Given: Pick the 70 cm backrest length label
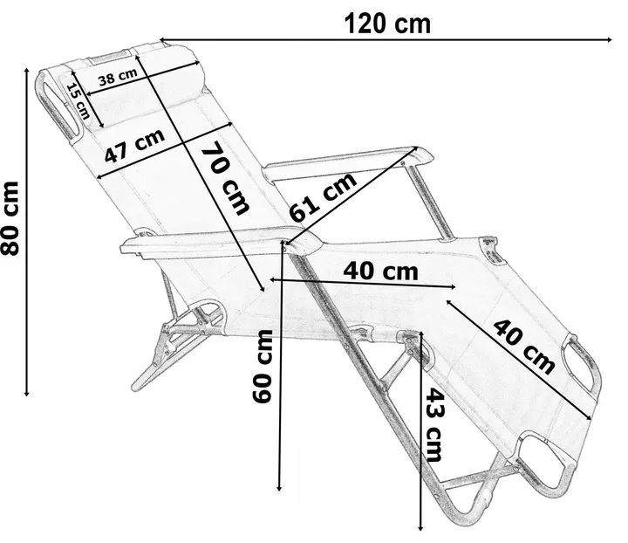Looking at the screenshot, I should click(x=226, y=178).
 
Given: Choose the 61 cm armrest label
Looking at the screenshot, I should click(x=324, y=198).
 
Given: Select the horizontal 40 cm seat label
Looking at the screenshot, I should click(x=380, y=271).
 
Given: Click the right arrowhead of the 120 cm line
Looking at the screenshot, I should click(x=607, y=39).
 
